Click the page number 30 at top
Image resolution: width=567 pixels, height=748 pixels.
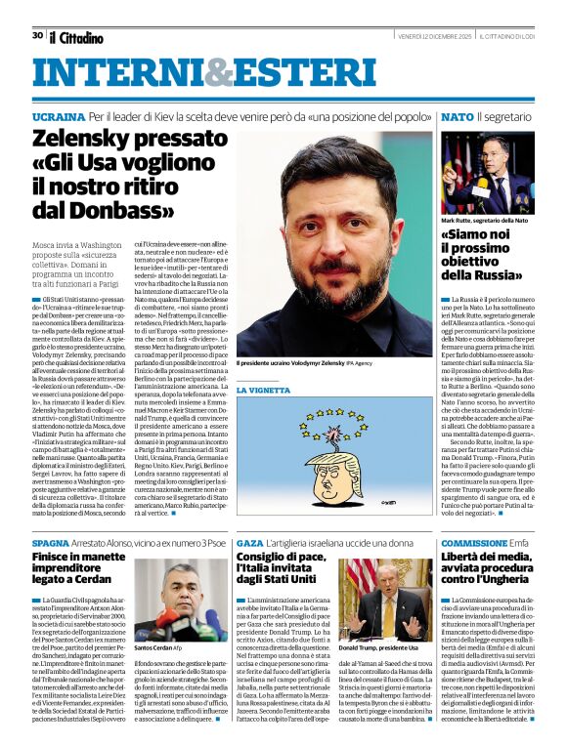coord(36,35)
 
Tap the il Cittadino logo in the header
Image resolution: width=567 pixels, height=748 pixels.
coord(76,37)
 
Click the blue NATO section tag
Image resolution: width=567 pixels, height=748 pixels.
coord(457,116)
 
